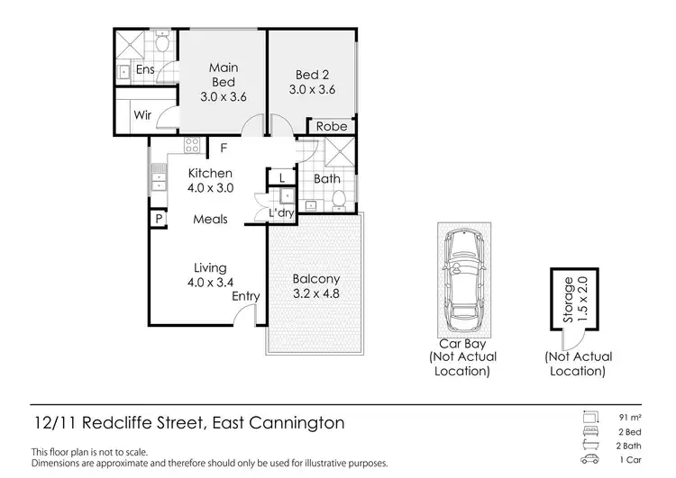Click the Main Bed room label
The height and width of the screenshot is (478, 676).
coord(223,75)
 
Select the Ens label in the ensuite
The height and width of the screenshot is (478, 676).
coord(145,70)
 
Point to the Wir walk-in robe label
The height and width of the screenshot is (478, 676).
coord(142,115)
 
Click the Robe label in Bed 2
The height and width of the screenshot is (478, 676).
coord(331,127)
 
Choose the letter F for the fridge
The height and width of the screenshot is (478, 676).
coord(224,148)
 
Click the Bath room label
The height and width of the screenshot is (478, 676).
coord(326,179)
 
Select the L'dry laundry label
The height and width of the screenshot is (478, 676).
coord(282,212)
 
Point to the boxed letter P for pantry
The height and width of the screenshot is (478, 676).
coord(158,218)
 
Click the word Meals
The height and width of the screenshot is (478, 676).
coord(210,220)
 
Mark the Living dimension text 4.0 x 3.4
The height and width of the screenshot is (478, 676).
coord(210,283)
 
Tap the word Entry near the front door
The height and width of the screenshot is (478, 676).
coord(245,296)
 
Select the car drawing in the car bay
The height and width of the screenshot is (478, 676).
coord(462,279)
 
